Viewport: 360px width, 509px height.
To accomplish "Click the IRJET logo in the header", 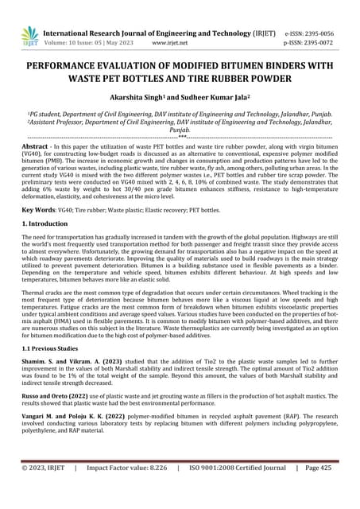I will pyautogui.click(x=29, y=34).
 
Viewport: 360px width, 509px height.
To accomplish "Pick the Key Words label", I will pyautogui.click(x=37, y=210).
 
